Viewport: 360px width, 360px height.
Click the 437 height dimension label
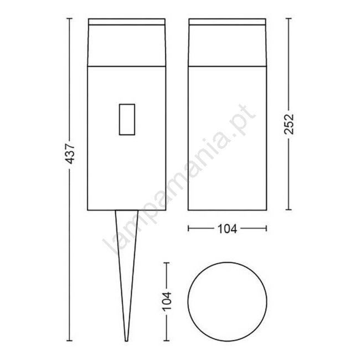(70, 153)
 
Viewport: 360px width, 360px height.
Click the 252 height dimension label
(289, 124)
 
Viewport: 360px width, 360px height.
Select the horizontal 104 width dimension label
(227, 228)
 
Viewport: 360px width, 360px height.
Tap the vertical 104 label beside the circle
(167, 301)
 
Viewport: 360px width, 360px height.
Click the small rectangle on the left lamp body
(127, 120)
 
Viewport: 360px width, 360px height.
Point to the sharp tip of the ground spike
(126, 341)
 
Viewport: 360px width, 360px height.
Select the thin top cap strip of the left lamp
(127, 22)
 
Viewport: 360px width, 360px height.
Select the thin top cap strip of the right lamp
(227, 22)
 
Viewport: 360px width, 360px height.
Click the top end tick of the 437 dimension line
(70, 18)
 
